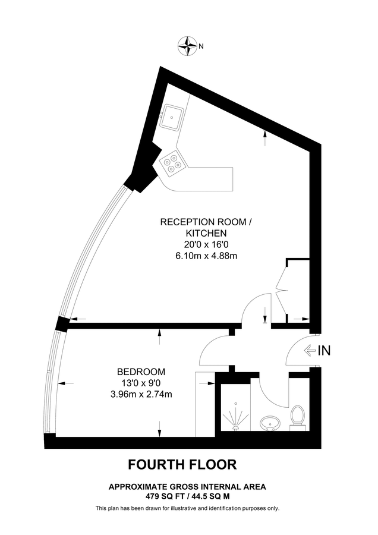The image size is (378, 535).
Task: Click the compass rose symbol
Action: click(x=188, y=45)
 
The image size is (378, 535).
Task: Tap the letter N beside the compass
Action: click(x=201, y=46)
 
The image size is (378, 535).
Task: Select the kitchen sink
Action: click(x=174, y=116)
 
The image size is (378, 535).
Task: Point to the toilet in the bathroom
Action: click(x=298, y=417)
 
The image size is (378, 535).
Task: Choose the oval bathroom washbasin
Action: click(x=270, y=423)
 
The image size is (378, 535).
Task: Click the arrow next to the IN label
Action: click(x=310, y=351)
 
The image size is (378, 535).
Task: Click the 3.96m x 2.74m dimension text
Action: click(x=137, y=394)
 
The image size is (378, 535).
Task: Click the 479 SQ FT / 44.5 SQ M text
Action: click(x=187, y=495)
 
